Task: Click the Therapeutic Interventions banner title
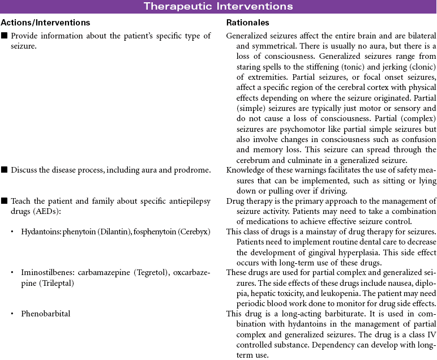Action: (218, 7)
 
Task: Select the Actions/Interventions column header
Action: (45, 23)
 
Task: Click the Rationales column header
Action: (248, 23)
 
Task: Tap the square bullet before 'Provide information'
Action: (5, 36)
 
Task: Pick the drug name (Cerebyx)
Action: (194, 232)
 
